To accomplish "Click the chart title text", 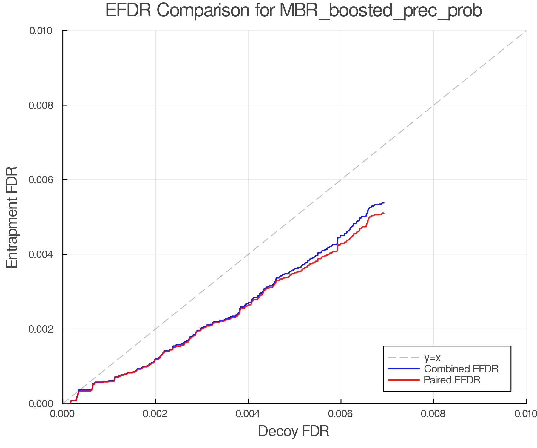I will click(x=294, y=11).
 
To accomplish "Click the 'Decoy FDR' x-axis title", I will click(x=294, y=431).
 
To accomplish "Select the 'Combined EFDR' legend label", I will click(x=461, y=369).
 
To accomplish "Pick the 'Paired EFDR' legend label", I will click(x=452, y=380).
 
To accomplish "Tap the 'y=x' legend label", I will click(x=432, y=358).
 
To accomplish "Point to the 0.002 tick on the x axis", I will click(x=155, y=414).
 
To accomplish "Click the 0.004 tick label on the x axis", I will click(x=248, y=414).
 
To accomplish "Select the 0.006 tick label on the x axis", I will click(x=341, y=414).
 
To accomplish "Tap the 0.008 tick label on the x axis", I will click(x=433, y=414).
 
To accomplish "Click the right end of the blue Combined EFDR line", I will click(x=384, y=203).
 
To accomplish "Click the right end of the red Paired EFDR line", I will click(x=384, y=213).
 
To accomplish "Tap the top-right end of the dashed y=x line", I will click(x=526, y=31).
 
